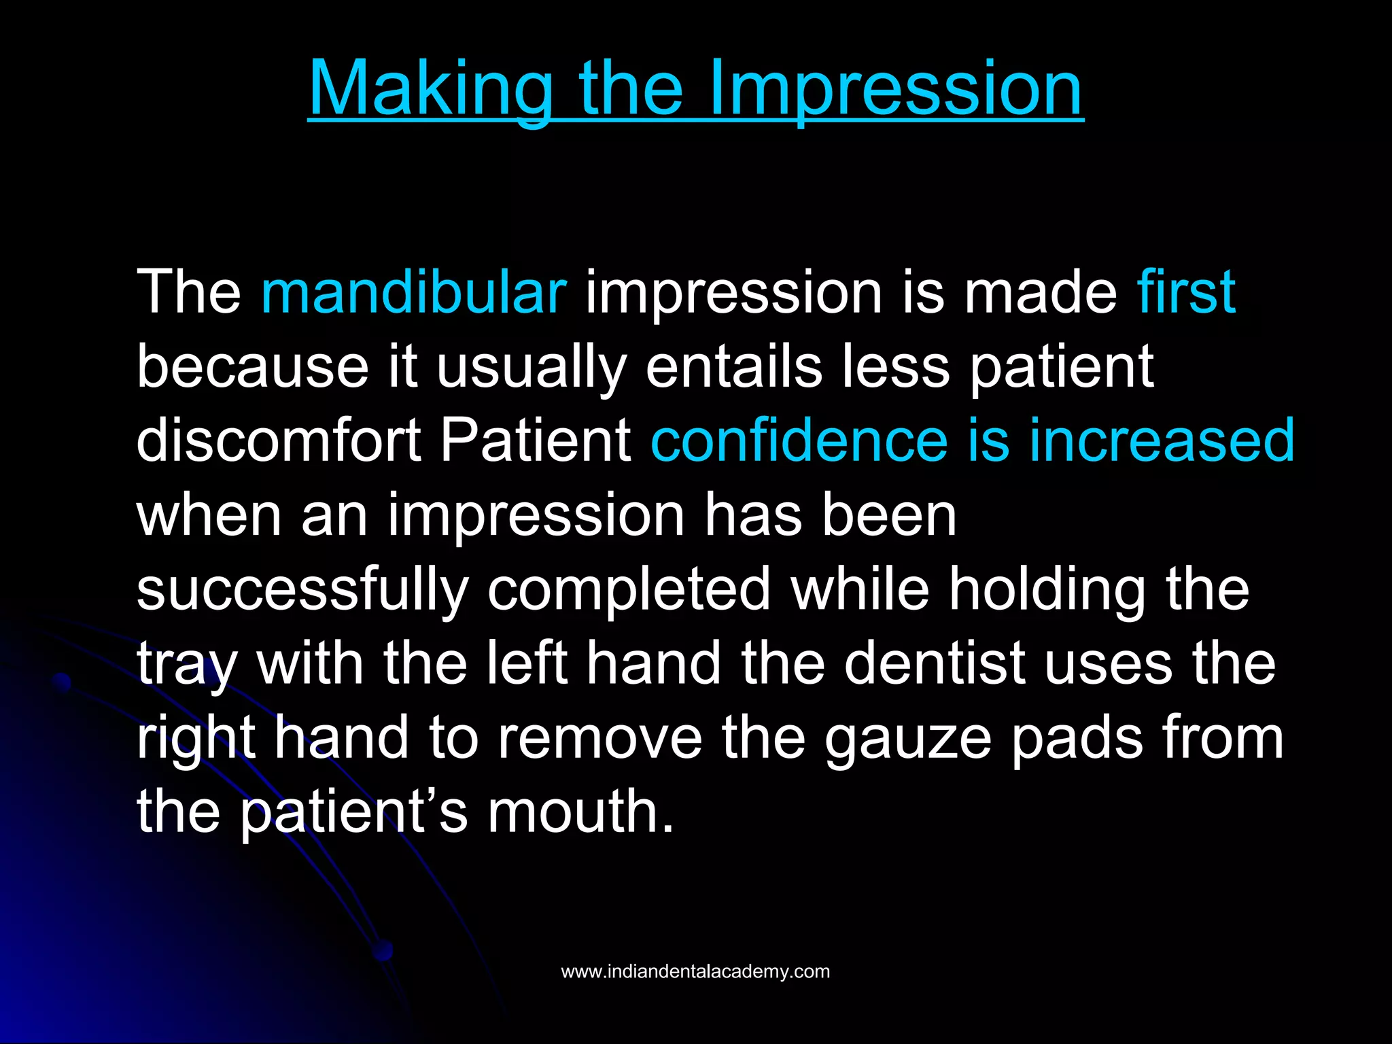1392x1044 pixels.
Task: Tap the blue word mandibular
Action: point(413,292)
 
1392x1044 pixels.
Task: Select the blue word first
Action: point(1185,292)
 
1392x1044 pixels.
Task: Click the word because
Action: point(252,367)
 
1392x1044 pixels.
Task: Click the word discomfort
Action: point(279,440)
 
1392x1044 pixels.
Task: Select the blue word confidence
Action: point(799,440)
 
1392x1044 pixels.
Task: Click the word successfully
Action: point(302,590)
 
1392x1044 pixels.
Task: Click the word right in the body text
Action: point(196,739)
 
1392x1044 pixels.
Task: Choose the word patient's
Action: point(353,813)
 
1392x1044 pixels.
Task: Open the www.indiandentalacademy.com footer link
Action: point(695,971)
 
